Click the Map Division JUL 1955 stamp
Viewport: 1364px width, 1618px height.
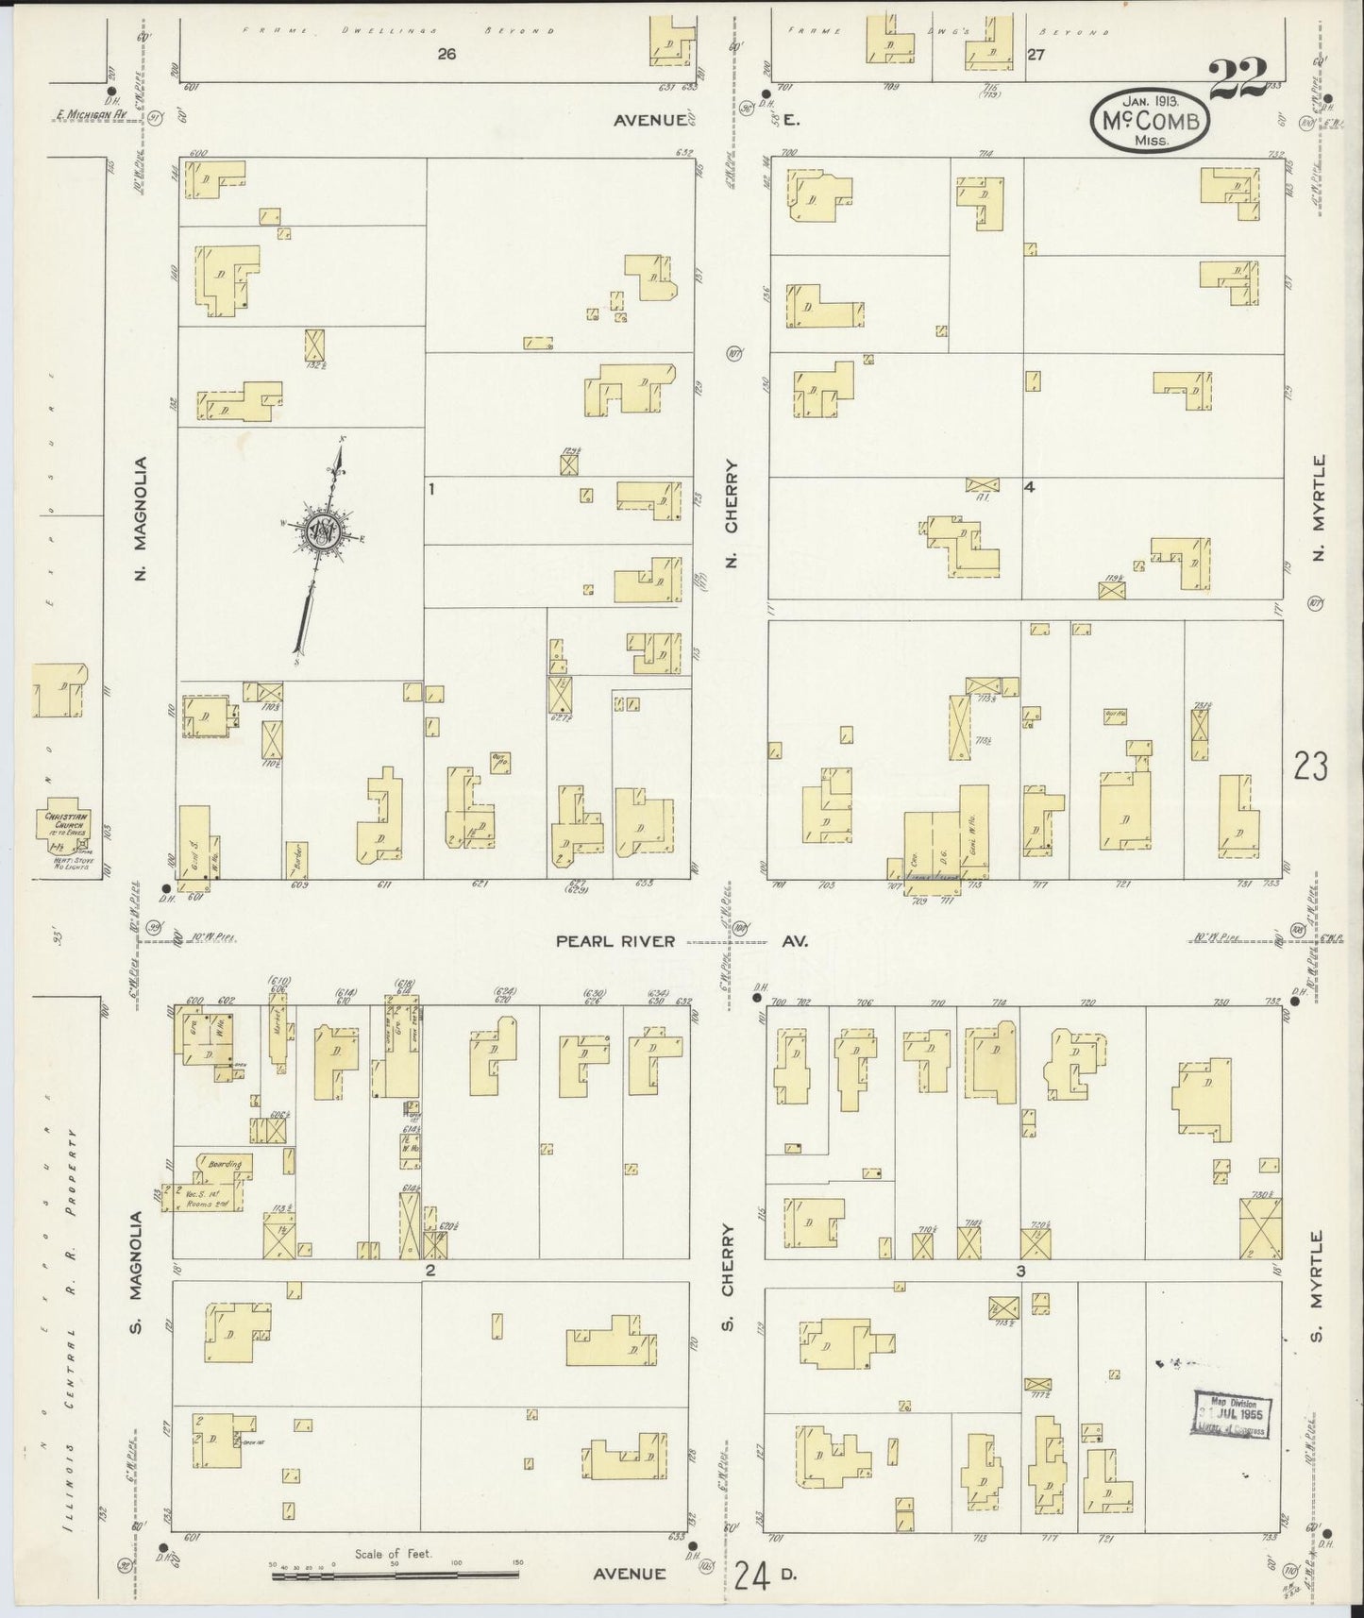[1233, 1413]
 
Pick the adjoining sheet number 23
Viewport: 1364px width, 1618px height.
[1310, 766]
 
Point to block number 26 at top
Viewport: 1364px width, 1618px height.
[446, 54]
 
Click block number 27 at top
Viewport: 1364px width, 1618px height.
[1036, 55]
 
